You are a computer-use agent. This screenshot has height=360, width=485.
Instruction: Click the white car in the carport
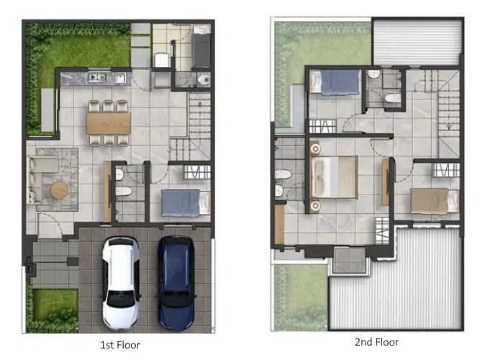pos(121,283)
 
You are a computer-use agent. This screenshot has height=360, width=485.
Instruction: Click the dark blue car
pos(176,283)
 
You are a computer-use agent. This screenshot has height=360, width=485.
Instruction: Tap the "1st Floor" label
pos(120,345)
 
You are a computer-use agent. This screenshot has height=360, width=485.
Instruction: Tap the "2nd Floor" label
pos(377,342)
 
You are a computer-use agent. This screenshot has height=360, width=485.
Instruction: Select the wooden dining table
pos(109,123)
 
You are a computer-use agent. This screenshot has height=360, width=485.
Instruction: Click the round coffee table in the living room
pos(59,190)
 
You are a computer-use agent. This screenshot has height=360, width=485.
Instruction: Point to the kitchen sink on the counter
pos(121,77)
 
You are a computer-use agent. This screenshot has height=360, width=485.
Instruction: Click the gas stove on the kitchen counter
pos(97,77)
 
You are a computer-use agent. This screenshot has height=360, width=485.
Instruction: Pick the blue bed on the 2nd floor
pos(335,81)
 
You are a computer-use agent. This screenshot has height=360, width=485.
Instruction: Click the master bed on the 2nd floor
pos(334,177)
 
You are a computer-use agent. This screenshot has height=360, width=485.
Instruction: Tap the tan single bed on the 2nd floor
pos(435,201)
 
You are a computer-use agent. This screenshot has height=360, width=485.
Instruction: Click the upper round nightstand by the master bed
pos(315,149)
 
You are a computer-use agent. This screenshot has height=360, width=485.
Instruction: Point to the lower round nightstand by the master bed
pos(315,206)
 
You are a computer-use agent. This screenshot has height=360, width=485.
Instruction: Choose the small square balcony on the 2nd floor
pos(350,260)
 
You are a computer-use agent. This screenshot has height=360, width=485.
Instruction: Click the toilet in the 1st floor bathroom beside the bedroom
pos(124,192)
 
